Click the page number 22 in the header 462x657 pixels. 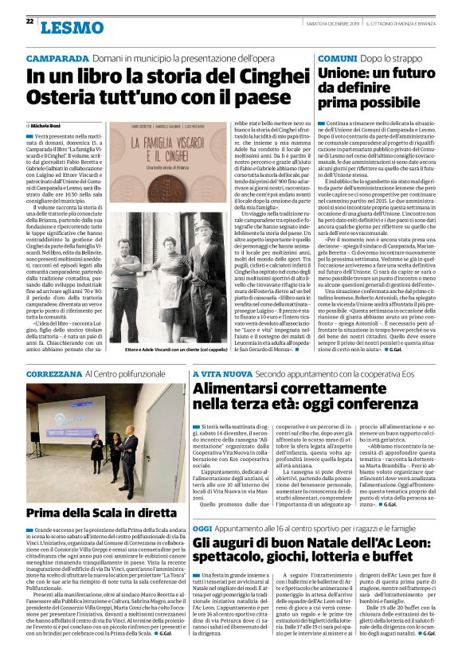[x=29, y=21]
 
